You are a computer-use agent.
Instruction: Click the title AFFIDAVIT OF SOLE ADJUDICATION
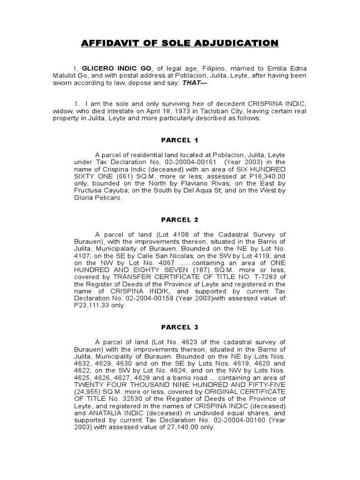click(x=180, y=44)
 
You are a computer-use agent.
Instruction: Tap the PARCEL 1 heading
click(x=180, y=140)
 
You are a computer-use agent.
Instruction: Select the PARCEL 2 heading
click(x=180, y=219)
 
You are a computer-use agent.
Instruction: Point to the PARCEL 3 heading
click(x=180, y=327)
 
